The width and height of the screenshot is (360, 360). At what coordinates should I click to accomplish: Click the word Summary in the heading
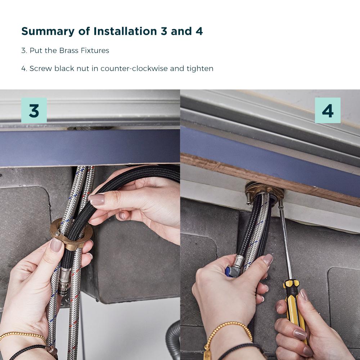click(x=48, y=31)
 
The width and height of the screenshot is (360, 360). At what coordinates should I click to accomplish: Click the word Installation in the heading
click(x=125, y=31)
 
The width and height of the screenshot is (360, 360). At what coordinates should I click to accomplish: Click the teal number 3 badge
click(x=34, y=111)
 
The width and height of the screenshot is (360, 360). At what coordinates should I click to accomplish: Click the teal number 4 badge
click(x=328, y=111)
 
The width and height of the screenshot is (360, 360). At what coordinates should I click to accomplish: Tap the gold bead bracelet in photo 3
click(x=23, y=336)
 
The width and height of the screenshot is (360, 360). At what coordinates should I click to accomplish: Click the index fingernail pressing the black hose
click(x=97, y=199)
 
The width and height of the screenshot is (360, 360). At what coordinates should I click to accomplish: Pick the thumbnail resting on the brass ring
click(x=56, y=245)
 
